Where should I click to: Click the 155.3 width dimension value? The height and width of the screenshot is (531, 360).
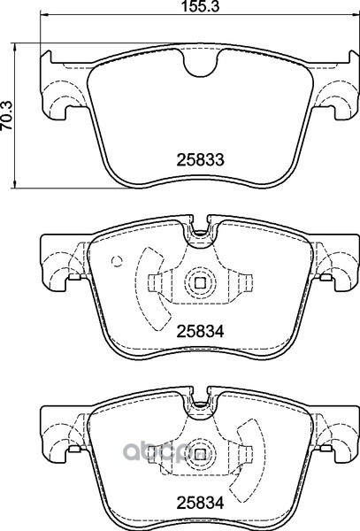pyautogui.click(x=201, y=6)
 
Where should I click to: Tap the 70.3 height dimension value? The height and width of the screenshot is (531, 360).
pyautogui.click(x=6, y=115)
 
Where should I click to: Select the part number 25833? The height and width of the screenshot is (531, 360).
pyautogui.click(x=200, y=159)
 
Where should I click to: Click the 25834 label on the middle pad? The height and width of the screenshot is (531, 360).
pyautogui.click(x=200, y=331)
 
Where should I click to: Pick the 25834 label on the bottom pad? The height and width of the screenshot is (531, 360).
pyautogui.click(x=200, y=503)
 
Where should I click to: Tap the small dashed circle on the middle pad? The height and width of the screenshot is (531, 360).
pyautogui.click(x=117, y=260)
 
